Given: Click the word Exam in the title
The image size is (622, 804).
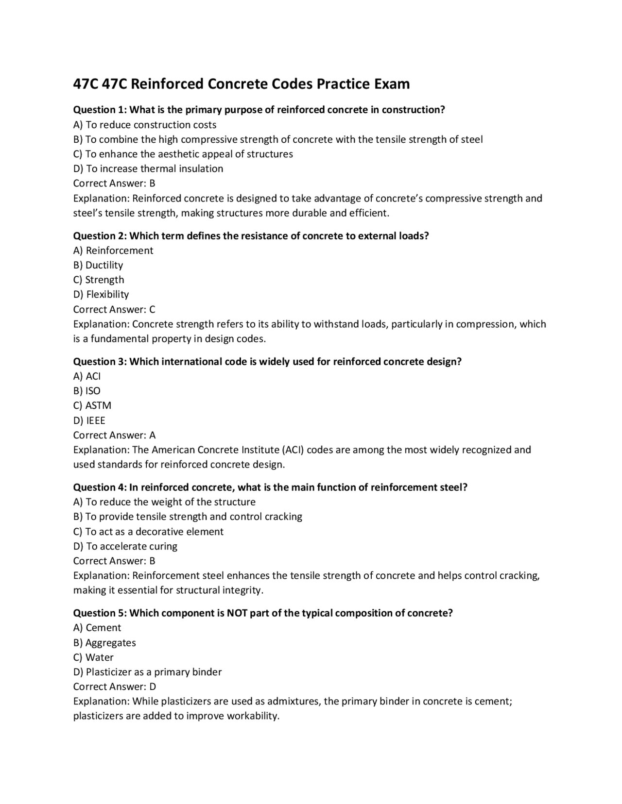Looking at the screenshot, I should [x=391, y=84].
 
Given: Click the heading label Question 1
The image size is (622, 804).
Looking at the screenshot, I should [x=100, y=110].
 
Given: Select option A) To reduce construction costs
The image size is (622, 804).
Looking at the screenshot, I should [x=144, y=125].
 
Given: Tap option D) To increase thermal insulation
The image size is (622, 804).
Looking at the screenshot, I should [x=148, y=168].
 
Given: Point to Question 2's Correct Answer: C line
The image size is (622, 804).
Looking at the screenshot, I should [x=114, y=309].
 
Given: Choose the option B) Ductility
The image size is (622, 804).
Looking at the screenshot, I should [x=98, y=265].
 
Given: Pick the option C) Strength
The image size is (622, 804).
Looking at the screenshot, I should [x=99, y=280].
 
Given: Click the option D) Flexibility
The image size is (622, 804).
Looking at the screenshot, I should [x=101, y=294].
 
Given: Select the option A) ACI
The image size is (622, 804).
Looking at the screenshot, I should [x=87, y=376].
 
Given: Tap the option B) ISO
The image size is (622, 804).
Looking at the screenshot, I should [x=87, y=391].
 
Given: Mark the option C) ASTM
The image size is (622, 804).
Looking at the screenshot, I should [x=92, y=405].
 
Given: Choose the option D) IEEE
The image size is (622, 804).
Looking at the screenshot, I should [x=89, y=420].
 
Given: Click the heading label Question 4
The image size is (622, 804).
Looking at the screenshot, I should [x=100, y=487].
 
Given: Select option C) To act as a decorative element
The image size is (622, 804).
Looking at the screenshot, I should [x=148, y=532].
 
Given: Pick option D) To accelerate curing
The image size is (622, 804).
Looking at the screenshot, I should [x=125, y=546].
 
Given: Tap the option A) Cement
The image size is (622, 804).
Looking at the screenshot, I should [x=97, y=628].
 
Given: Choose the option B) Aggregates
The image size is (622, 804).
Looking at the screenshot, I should [x=104, y=643].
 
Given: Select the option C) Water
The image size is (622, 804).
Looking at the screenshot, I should [x=93, y=657].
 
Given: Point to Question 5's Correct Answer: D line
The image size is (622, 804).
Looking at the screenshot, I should [x=115, y=687].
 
